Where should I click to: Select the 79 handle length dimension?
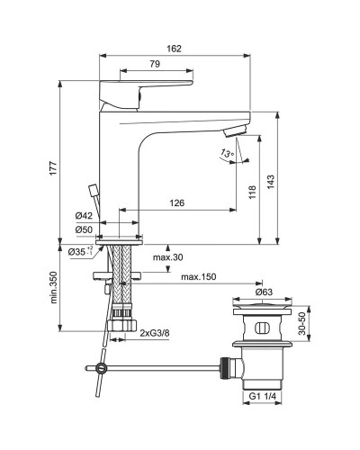click(154, 63)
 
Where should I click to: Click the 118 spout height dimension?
click(255, 191)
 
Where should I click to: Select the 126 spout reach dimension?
click(176, 203)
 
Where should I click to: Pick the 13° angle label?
click(225, 155)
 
